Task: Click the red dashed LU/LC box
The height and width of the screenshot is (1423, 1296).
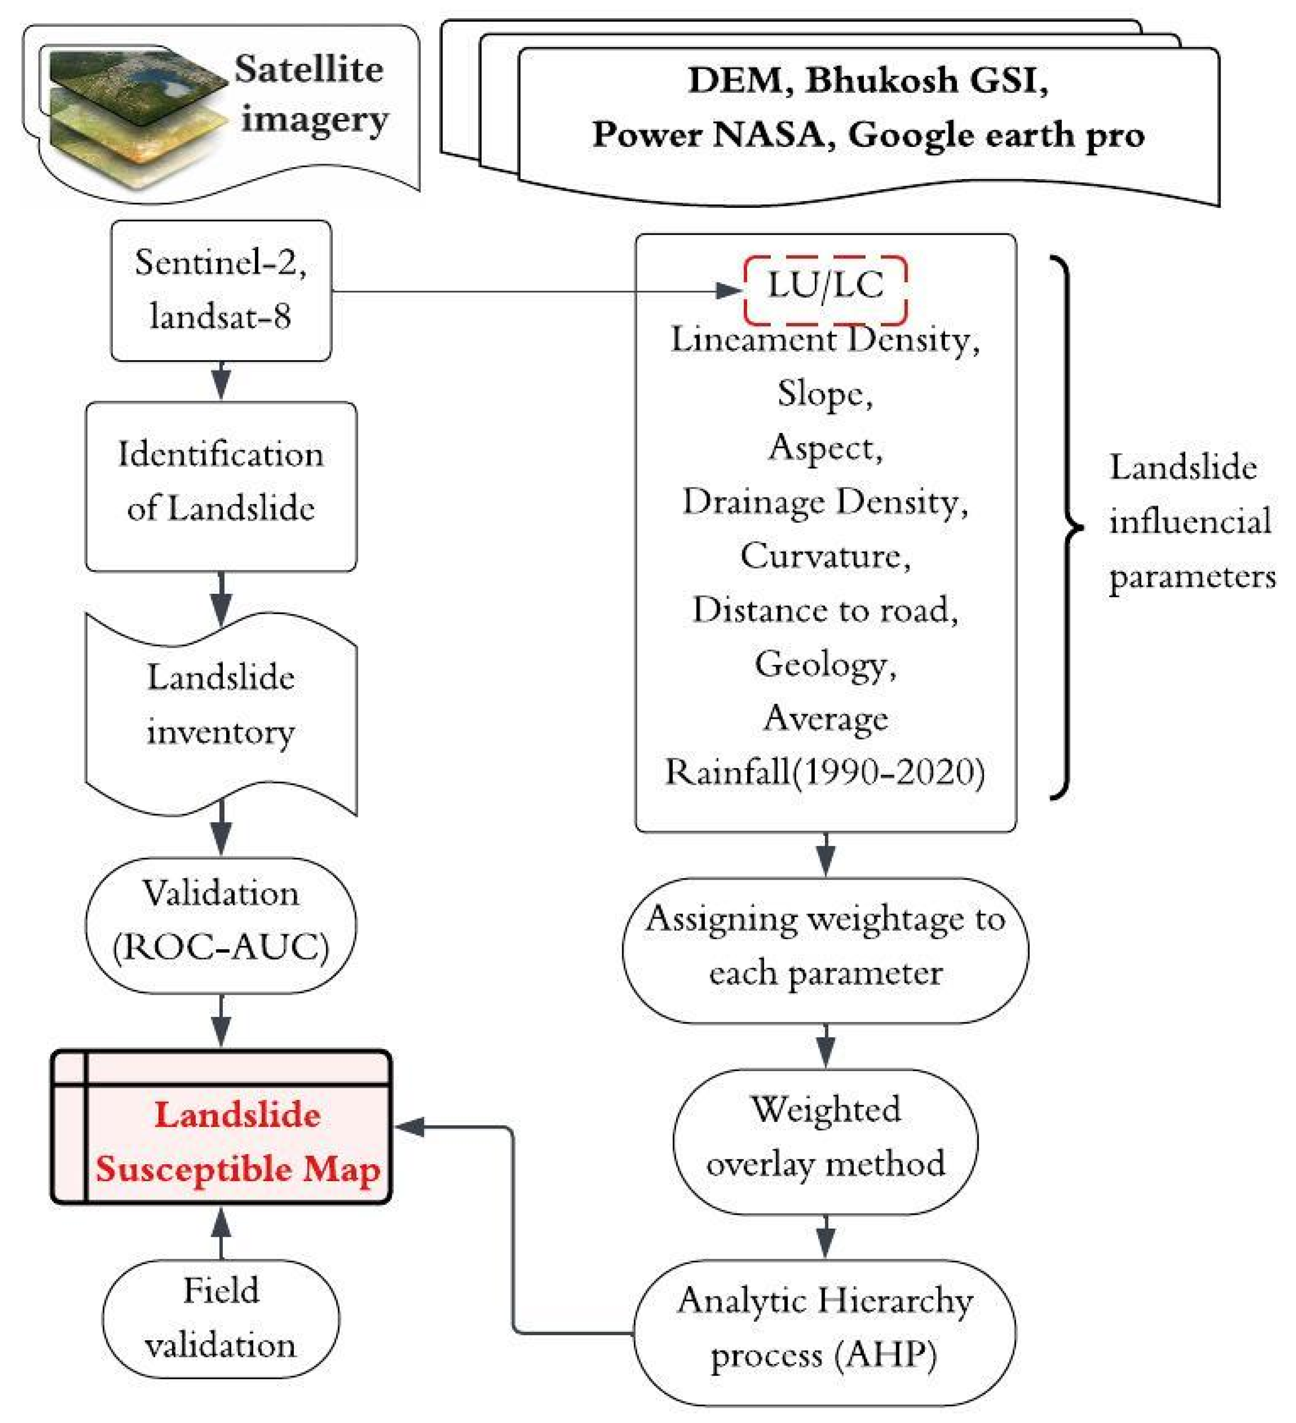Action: pyautogui.click(x=824, y=289)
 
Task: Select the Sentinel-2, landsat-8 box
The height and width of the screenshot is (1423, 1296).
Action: pyautogui.click(x=221, y=290)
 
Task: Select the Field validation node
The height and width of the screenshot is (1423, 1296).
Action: pyautogui.click(x=221, y=1318)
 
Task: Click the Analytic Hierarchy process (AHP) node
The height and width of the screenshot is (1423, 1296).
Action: pyautogui.click(x=824, y=1329)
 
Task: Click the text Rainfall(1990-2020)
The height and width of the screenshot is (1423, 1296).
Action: pyautogui.click(x=824, y=772)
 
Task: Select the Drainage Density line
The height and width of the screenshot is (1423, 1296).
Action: pyautogui.click(x=824, y=502)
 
